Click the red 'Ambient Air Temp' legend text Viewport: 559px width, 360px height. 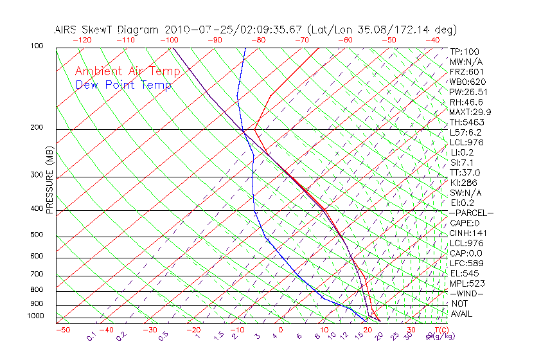pyautogui.click(x=127, y=71)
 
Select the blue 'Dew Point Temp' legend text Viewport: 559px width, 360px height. pyautogui.click(x=123, y=85)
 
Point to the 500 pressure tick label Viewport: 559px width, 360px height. pyautogui.click(x=37, y=235)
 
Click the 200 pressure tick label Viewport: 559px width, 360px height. pyautogui.click(x=37, y=128)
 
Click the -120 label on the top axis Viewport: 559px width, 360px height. pyautogui.click(x=81, y=40)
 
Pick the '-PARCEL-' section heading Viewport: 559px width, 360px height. pyautogui.click(x=471, y=213)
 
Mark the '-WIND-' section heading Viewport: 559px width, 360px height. pyautogui.click(x=467, y=294)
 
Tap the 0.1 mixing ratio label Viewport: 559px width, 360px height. pyautogui.click(x=91, y=336)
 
